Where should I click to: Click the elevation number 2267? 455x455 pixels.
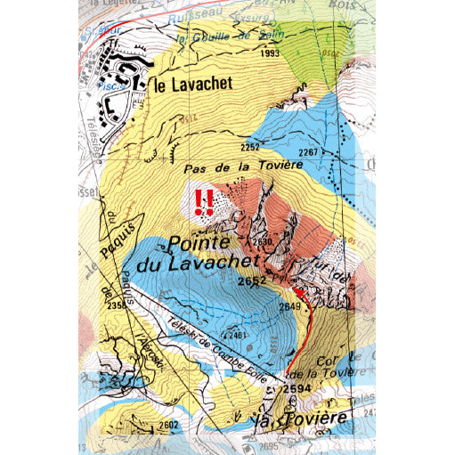308,153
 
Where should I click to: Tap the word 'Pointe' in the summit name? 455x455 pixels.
199,241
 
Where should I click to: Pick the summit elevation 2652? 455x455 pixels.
252,281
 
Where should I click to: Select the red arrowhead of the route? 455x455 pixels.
299,292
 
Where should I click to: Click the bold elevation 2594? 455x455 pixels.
297,389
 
